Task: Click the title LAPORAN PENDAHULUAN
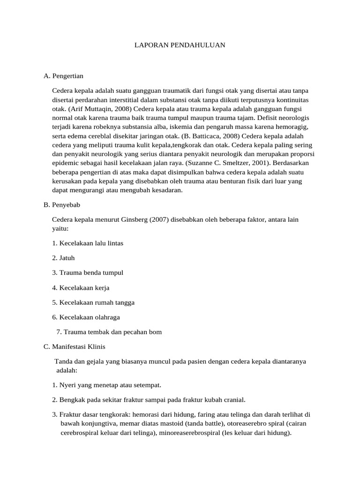point(180,45)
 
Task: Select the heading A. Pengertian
point(63,75)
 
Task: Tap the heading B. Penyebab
point(62,205)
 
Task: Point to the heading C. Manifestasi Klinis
point(74,347)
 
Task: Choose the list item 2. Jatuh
point(63,258)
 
